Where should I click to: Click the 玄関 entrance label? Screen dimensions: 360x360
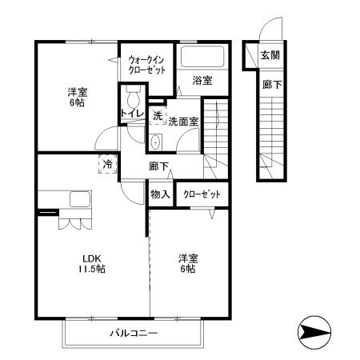[x=270, y=55]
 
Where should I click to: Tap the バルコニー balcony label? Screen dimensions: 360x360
[x=134, y=334]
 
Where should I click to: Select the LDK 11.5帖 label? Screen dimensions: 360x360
[x=94, y=263]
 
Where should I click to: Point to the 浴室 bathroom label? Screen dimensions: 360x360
[x=203, y=80]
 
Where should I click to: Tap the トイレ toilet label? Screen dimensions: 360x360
[x=132, y=114]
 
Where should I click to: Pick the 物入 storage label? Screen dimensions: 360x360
[x=160, y=194]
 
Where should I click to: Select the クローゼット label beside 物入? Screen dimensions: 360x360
[x=200, y=194]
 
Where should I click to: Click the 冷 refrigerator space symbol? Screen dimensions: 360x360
[x=107, y=164]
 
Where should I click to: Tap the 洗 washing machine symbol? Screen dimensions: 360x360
[x=158, y=116]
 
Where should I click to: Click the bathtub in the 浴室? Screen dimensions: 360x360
[x=202, y=57]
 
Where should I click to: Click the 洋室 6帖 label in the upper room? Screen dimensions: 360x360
[x=77, y=97]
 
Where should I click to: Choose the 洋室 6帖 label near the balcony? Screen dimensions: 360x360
[x=189, y=263]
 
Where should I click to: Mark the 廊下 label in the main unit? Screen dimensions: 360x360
[x=158, y=167]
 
